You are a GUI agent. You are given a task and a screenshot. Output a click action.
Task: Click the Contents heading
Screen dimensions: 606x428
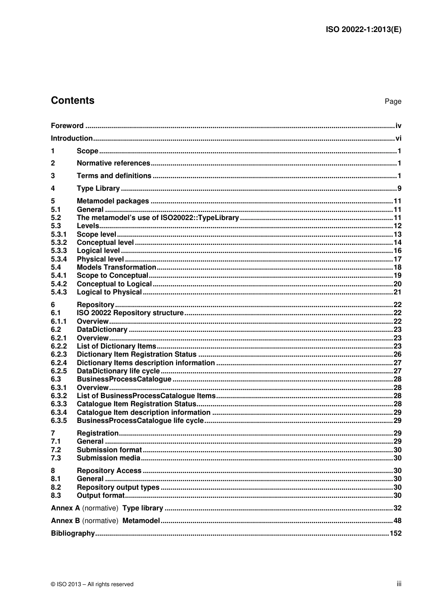point(73,101)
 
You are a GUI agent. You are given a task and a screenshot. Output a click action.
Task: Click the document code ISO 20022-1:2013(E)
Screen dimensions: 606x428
point(363,30)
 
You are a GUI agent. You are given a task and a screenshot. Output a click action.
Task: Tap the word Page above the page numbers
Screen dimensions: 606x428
point(392,101)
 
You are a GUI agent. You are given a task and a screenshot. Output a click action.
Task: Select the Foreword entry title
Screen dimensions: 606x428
point(67,126)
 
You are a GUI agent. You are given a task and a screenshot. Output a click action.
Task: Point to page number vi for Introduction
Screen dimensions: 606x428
point(398,138)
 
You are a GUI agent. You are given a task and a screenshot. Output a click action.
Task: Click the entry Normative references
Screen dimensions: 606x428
point(113,163)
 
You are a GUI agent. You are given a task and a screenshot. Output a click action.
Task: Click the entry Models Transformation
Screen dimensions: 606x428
point(116,267)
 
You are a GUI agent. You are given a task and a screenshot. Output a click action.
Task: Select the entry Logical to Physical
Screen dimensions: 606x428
point(109,292)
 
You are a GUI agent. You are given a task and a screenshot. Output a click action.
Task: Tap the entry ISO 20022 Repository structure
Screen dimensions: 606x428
point(130,313)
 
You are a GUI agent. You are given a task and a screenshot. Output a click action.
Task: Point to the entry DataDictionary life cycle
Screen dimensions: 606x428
point(118,371)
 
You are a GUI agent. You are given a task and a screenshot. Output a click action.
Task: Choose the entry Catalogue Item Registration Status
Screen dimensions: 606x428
point(137,404)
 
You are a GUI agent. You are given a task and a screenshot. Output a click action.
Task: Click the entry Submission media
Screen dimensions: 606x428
point(109,458)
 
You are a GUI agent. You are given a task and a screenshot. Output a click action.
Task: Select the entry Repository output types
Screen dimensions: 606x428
point(118,487)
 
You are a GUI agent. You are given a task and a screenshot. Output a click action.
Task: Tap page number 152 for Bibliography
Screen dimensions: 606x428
point(395,533)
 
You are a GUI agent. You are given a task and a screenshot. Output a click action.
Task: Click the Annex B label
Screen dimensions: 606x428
point(65,521)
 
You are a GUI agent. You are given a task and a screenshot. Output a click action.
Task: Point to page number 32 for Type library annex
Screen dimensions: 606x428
point(397,508)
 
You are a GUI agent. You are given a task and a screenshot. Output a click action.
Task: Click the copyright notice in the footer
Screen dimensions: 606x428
point(92,584)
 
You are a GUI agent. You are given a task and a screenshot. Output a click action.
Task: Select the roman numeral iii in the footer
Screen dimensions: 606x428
point(399,584)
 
